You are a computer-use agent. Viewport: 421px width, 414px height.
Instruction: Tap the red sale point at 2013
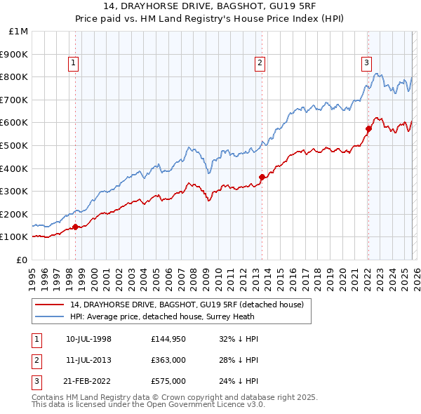click(x=262, y=177)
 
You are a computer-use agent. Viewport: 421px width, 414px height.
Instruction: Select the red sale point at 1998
click(x=75, y=227)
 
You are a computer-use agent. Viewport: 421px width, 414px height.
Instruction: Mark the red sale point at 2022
click(x=368, y=128)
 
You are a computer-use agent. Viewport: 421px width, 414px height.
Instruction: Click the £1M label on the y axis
click(x=19, y=31)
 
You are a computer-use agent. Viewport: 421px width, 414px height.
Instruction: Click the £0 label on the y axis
click(x=22, y=260)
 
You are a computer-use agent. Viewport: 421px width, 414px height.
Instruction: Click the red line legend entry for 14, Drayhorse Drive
click(x=187, y=305)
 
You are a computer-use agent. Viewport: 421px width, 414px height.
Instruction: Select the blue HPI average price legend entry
click(x=168, y=316)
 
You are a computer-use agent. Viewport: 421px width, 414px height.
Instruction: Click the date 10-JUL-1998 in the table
click(x=88, y=339)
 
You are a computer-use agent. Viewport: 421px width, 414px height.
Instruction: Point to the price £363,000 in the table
click(x=168, y=360)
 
